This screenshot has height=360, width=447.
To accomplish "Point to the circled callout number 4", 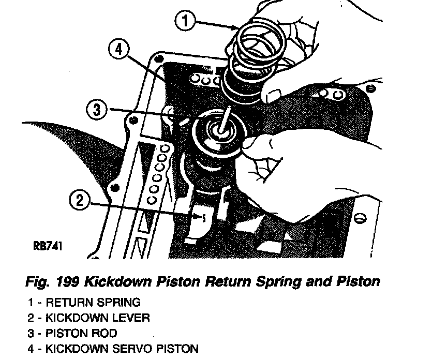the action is click(x=118, y=50).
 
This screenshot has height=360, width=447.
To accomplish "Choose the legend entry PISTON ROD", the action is click(x=82, y=333).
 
